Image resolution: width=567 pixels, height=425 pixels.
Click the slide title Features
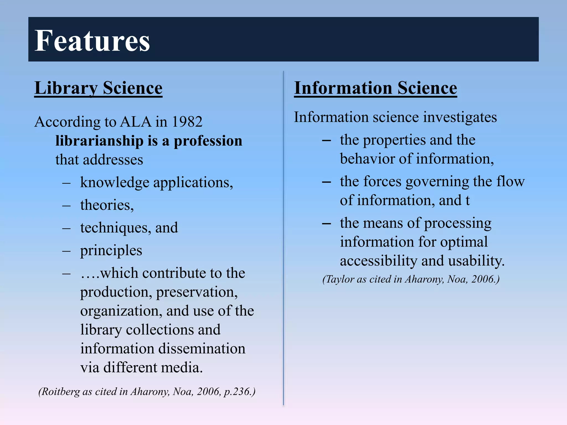(92, 41)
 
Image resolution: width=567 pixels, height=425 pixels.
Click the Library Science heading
(98, 88)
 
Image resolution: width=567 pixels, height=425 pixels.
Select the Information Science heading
(375, 88)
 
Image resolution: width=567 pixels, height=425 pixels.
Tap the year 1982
(187, 122)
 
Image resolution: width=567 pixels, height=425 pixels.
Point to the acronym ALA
(136, 122)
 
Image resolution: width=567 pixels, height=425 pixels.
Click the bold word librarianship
(99, 141)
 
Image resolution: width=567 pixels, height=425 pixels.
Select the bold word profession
(208, 141)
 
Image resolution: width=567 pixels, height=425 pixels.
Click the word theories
(107, 205)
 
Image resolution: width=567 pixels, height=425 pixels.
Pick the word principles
(111, 251)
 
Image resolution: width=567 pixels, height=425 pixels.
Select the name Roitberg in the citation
(61, 392)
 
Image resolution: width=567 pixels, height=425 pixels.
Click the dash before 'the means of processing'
(326, 223)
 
